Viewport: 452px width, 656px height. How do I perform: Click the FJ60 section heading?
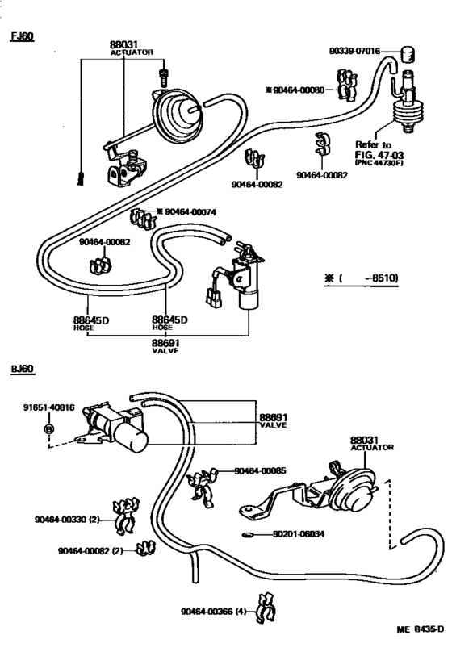[x=22, y=36]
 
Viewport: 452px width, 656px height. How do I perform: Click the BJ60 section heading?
[x=22, y=369]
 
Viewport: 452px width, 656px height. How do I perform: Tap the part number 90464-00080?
[x=295, y=90]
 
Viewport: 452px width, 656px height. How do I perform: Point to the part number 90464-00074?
[x=190, y=211]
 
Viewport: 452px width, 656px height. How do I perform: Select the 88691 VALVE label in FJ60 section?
[x=167, y=346]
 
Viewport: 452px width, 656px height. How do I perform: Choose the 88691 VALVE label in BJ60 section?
[x=273, y=420]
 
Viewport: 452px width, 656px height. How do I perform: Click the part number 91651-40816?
[x=48, y=408]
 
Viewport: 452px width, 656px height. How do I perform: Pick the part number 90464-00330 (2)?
[x=67, y=520]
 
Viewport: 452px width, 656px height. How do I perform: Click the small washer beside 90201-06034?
[x=249, y=534]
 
